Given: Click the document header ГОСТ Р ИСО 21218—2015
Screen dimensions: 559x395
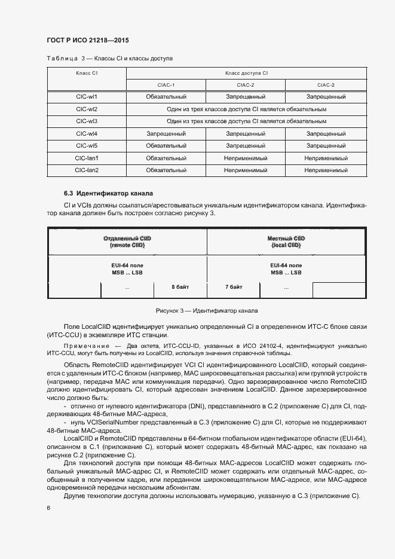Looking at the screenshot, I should pyautogui.click(x=88, y=41).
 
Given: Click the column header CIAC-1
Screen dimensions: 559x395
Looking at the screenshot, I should pyautogui.click(x=166, y=85).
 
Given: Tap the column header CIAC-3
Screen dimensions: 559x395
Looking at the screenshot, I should pyautogui.click(x=326, y=85).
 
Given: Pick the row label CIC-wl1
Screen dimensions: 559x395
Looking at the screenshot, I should pyautogui.click(x=87, y=96).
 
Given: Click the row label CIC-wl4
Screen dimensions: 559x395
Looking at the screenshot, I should pyautogui.click(x=87, y=134).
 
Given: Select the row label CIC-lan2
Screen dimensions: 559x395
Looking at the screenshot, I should pyautogui.click(x=87, y=170).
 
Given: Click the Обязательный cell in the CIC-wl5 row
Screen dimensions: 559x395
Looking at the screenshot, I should pyautogui.click(x=166, y=146).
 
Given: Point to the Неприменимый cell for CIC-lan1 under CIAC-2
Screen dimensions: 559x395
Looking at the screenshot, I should pyautogui.click(x=246, y=158).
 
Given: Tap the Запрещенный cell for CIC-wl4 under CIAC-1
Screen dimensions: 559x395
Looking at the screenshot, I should pyautogui.click(x=166, y=134).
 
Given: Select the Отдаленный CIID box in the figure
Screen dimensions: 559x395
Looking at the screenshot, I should pyautogui.click(x=127, y=242).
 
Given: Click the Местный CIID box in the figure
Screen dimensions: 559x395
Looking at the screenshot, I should pyautogui.click(x=286, y=242).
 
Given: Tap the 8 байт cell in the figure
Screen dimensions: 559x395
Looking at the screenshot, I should pyautogui.click(x=180, y=288).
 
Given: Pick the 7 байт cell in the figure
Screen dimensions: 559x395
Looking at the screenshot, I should pyautogui.click(x=234, y=288).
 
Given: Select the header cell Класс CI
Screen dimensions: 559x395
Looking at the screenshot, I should pyautogui.click(x=87, y=72).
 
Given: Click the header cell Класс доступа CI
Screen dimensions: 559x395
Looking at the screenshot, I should pyautogui.click(x=246, y=72).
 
